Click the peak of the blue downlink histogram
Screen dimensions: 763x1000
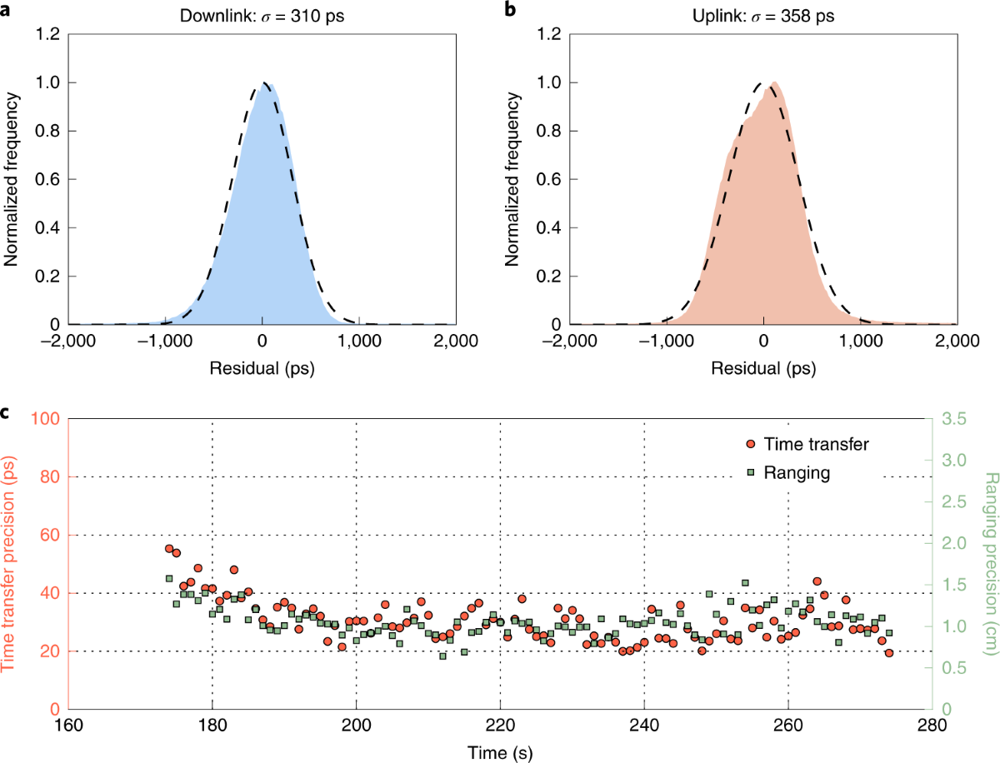264,83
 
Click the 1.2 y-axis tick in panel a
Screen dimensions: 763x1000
48,34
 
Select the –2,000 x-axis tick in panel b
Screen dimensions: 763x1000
568,340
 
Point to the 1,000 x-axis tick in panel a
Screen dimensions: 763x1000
359,340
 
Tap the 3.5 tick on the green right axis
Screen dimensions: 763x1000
954,418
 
